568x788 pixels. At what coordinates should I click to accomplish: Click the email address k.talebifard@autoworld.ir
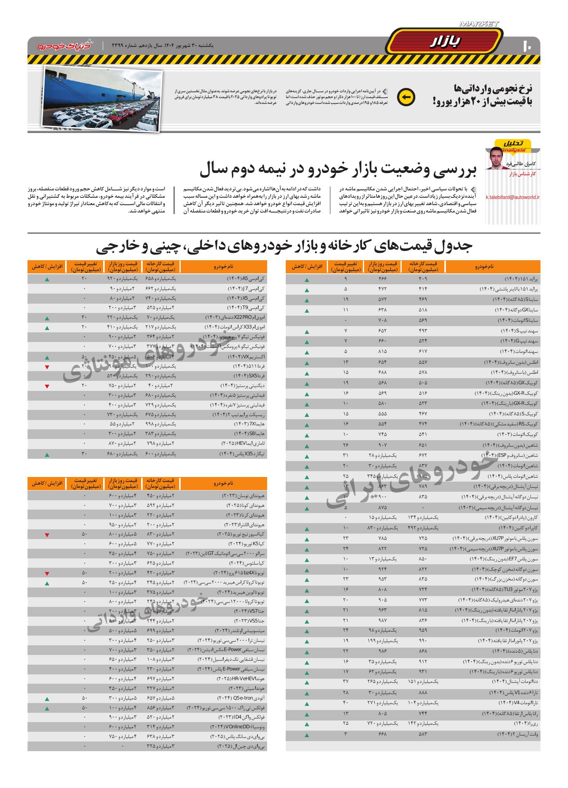coord(513,197)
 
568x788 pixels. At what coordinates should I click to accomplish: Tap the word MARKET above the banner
coord(479,24)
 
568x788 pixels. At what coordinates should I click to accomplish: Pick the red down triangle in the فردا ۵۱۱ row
coord(47,366)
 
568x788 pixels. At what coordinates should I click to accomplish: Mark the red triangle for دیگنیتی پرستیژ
coord(47,386)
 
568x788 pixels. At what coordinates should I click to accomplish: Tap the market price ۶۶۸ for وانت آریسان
coord(382,734)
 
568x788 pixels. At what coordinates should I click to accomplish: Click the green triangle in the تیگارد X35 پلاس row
coord(47,454)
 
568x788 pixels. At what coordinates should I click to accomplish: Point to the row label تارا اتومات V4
coord(518,703)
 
